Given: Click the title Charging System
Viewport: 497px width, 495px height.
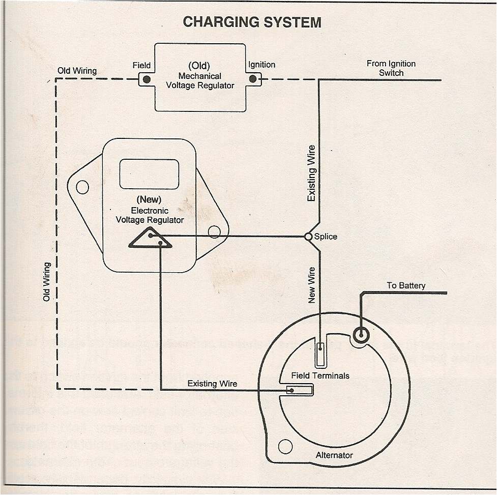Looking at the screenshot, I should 252,22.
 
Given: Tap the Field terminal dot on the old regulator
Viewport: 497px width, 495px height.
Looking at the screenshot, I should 147,79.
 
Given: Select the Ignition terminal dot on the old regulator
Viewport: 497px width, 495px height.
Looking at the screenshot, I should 253,79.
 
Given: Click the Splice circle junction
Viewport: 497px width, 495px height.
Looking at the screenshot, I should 308,237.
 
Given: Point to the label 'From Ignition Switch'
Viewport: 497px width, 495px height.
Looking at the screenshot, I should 391,68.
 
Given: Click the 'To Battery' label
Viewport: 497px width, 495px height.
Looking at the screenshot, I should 405,285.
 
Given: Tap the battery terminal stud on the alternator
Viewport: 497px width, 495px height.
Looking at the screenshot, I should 361,335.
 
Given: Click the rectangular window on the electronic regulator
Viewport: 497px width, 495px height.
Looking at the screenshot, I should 149,173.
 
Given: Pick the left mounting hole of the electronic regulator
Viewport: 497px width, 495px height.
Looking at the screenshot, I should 79,187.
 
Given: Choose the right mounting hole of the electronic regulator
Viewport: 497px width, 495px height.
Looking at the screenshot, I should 214,232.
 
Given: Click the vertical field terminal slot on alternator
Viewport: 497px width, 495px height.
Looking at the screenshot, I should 321,355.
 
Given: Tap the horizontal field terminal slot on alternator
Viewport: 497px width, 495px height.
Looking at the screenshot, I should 300,390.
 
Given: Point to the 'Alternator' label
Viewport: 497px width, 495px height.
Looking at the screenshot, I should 334,455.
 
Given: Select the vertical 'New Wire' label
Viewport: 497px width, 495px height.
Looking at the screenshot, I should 312,285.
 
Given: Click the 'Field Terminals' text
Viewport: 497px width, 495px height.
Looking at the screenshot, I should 320,375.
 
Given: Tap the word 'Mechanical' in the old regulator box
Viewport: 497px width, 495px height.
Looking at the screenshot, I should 200,76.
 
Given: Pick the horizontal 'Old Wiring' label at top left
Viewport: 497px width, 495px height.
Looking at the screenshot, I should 77,71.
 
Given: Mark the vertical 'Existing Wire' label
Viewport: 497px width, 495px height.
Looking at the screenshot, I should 311,173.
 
